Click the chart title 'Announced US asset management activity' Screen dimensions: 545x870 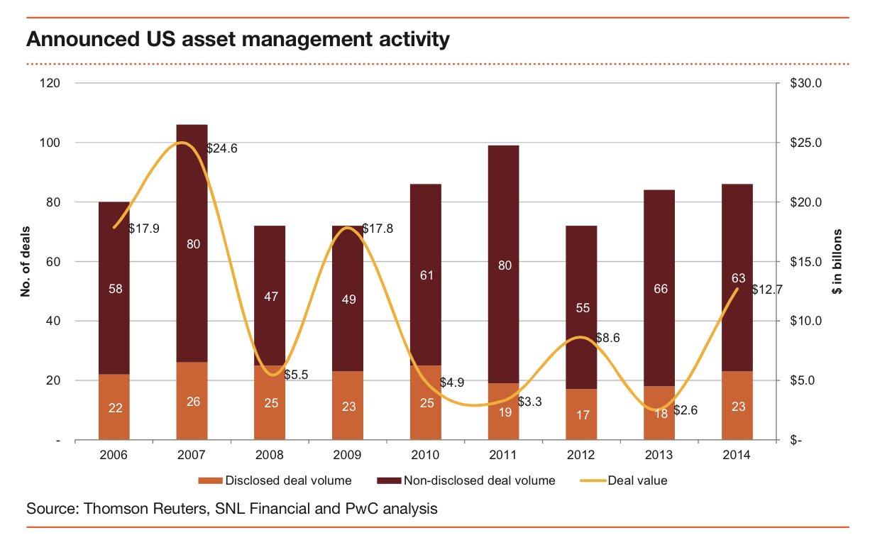point(238,39)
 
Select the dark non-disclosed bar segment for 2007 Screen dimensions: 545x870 point(192,213)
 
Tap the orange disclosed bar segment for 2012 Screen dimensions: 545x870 point(581,414)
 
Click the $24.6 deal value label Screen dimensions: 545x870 point(222,149)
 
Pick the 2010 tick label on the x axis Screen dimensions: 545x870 point(425,455)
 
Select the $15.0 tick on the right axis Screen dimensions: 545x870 point(805,262)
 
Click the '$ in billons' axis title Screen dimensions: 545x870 point(837,262)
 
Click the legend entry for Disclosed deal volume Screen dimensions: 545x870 point(288,480)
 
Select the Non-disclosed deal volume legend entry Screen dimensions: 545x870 point(479,480)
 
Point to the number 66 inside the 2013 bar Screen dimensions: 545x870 point(659,289)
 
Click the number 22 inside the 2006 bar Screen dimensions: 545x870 point(114,407)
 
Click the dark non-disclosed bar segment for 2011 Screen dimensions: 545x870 point(503,213)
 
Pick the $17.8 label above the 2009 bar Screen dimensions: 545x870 point(378,229)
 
